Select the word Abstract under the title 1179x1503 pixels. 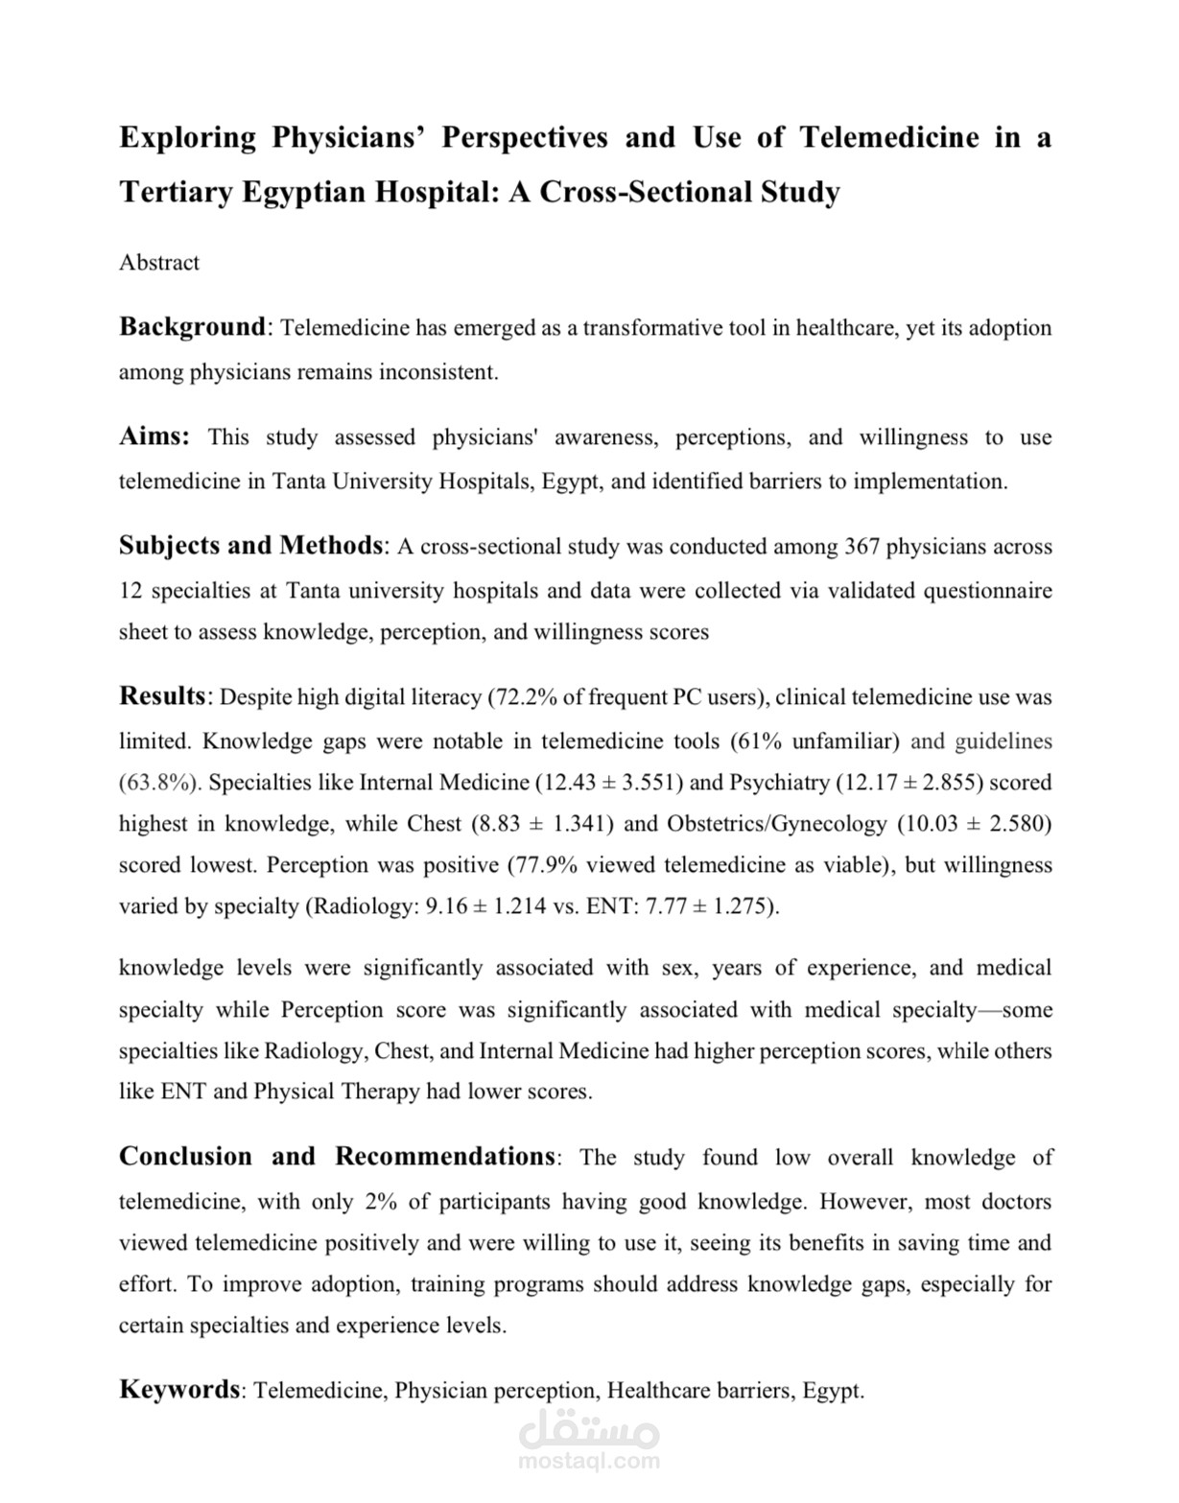(159, 263)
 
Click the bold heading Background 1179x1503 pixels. (192, 327)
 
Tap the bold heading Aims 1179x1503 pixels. (153, 436)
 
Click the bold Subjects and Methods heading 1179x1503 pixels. (250, 546)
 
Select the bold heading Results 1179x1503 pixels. (162, 696)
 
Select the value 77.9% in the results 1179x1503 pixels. (543, 865)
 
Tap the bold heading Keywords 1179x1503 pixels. (179, 1390)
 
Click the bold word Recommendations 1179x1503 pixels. (444, 1157)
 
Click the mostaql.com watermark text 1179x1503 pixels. (588, 1462)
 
